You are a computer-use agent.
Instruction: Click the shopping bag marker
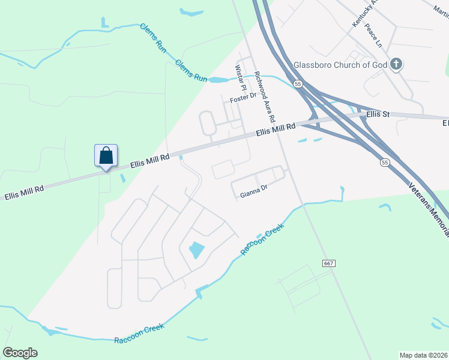tap(106, 156)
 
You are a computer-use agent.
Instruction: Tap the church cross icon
tap(396, 64)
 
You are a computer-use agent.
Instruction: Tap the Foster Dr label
tap(243, 97)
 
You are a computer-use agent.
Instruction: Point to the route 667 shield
tap(328, 263)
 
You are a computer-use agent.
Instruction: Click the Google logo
tap(20, 353)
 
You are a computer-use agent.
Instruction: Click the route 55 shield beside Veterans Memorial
tap(385, 162)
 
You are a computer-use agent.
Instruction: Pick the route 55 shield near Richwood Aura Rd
tap(298, 84)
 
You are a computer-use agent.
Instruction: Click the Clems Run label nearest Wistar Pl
tap(191, 71)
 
